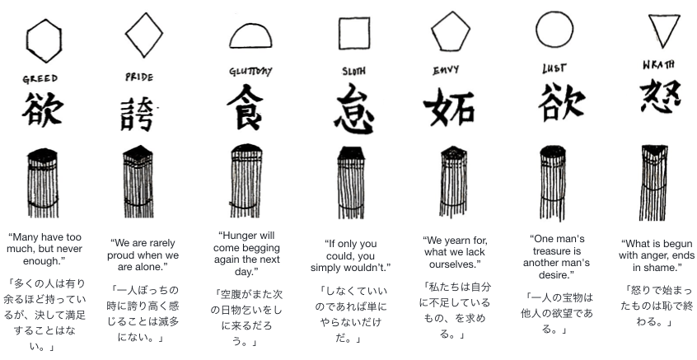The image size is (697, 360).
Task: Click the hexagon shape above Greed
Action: (27, 41)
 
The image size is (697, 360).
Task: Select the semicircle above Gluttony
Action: (250, 47)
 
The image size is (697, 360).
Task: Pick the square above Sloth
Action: (339, 33)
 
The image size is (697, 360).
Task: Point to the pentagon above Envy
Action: (451, 50)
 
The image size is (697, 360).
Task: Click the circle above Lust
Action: (536, 30)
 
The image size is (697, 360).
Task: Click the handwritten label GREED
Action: (40, 79)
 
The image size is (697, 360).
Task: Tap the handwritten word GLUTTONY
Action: (250, 71)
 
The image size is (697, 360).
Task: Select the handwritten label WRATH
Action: (658, 65)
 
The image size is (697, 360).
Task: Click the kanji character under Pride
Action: (138, 114)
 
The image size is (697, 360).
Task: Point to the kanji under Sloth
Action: (354, 110)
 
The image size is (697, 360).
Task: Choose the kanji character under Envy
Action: (449, 106)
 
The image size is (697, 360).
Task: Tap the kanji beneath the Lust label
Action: (561, 102)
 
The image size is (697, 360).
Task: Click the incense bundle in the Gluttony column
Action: (246, 180)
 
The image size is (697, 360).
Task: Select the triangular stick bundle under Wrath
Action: (654, 182)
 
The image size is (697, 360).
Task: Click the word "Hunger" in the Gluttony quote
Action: (240, 236)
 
